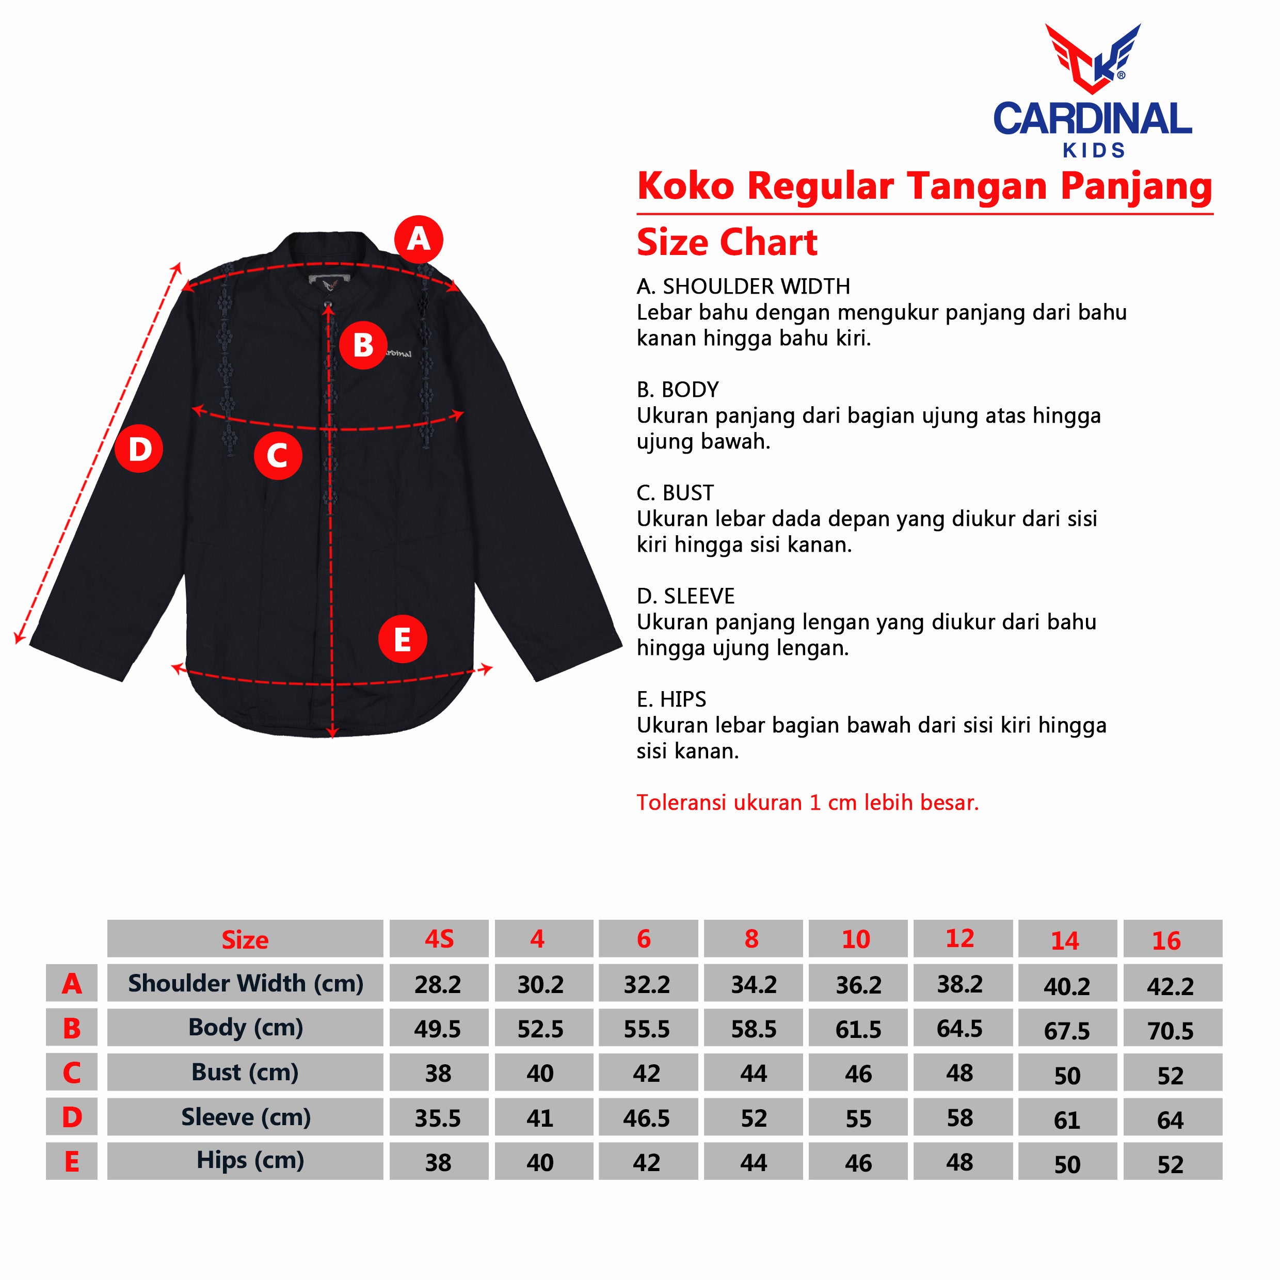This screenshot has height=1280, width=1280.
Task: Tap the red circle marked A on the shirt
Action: pyautogui.click(x=419, y=239)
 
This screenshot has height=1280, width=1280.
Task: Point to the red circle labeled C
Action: pyautogui.click(x=278, y=456)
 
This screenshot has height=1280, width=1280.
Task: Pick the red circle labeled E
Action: pyautogui.click(x=402, y=639)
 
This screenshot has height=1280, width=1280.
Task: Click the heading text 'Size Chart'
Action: pyautogui.click(x=727, y=243)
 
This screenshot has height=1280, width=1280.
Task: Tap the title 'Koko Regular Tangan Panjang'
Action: pyautogui.click(x=924, y=186)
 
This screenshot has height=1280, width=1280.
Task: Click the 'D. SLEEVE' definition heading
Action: pyautogui.click(x=686, y=596)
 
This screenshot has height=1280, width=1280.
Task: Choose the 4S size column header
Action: pyautogui.click(x=439, y=939)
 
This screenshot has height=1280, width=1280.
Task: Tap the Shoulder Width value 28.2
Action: pyautogui.click(x=438, y=984)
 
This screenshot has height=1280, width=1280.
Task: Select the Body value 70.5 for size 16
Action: pyautogui.click(x=1171, y=1031)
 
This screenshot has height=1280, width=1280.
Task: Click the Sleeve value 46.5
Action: pyautogui.click(x=647, y=1118)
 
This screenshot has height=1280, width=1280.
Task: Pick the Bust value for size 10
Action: pyautogui.click(x=859, y=1074)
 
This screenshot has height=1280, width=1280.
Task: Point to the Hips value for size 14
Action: pyautogui.click(x=1067, y=1165)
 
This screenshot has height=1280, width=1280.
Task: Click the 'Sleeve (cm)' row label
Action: pyautogui.click(x=246, y=1118)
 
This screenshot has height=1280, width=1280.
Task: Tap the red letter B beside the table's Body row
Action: pyautogui.click(x=72, y=1029)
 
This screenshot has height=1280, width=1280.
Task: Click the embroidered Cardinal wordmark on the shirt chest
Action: pyautogui.click(x=397, y=354)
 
